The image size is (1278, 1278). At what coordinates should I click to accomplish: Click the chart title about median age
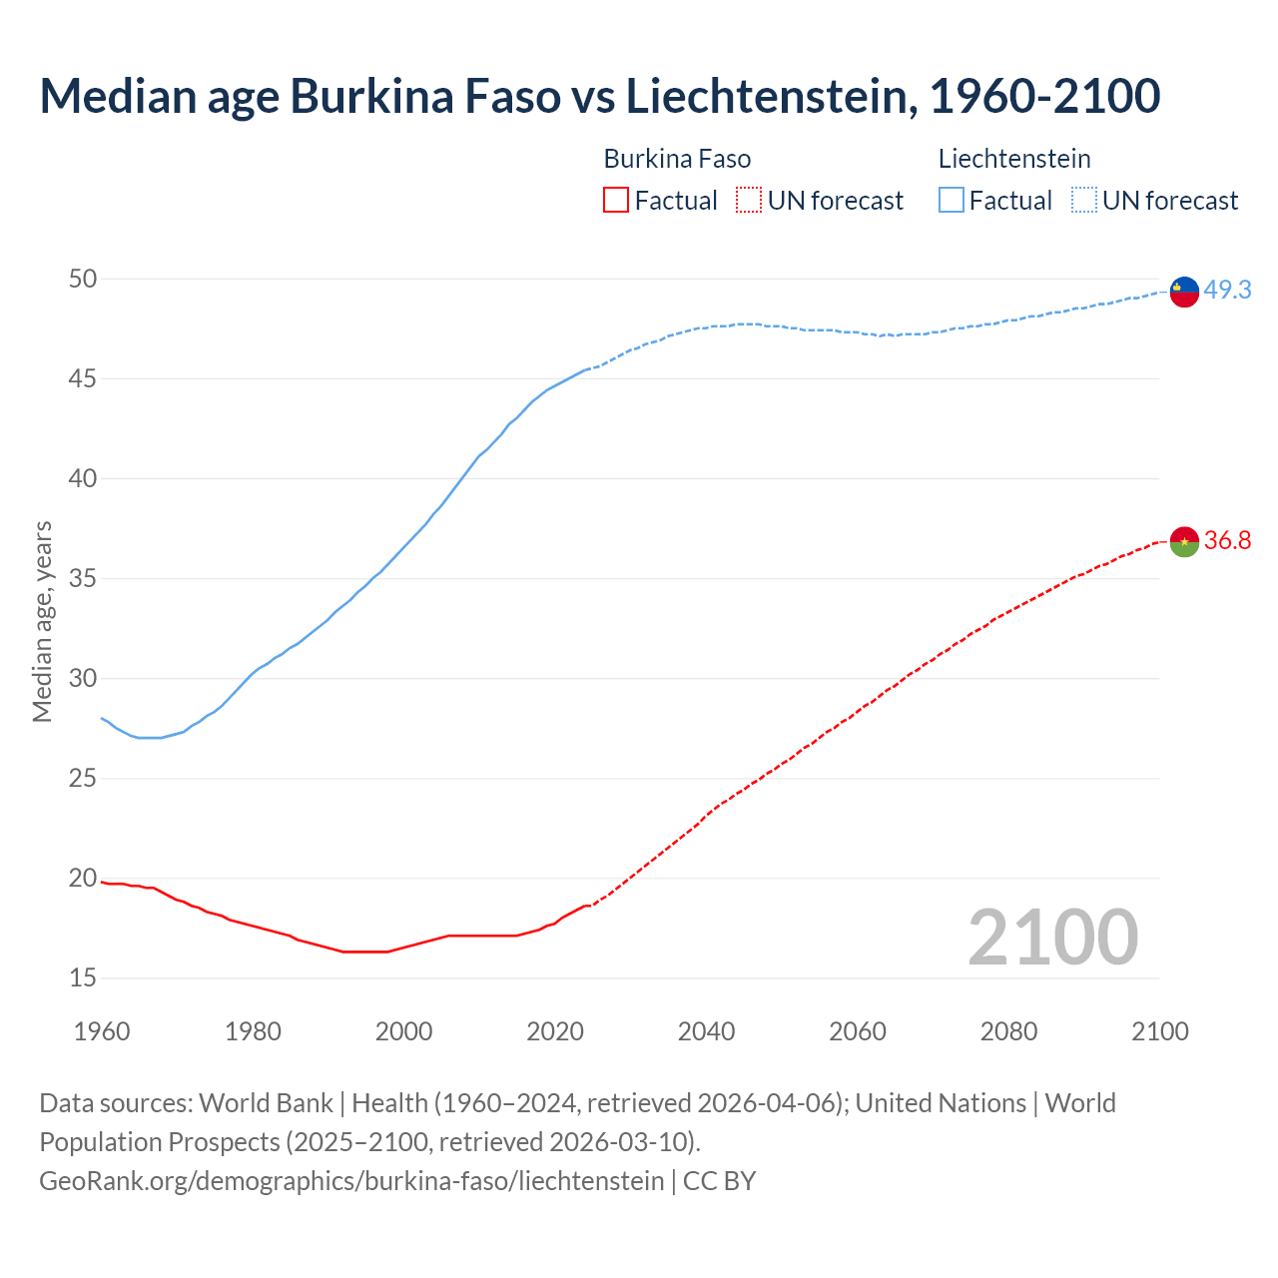coord(599,96)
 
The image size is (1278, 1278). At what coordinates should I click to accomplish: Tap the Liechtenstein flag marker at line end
coord(1184,291)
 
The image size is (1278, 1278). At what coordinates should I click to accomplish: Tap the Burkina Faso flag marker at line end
coord(1184,541)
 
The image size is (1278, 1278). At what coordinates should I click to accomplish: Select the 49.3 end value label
coord(1227,290)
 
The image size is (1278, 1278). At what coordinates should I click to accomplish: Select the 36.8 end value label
coord(1227,540)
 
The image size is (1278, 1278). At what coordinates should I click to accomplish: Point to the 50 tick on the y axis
coord(83,279)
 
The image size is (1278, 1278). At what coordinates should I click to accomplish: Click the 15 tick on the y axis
coord(83,977)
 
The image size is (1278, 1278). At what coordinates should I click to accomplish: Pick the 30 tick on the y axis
coord(83,678)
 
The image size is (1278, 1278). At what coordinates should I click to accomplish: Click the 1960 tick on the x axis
coord(102,1030)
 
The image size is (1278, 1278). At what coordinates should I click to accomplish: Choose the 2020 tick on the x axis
coord(555,1030)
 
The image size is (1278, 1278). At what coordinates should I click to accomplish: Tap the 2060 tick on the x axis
coord(858,1030)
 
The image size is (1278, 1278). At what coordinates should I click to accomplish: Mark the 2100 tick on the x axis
coord(1159,1030)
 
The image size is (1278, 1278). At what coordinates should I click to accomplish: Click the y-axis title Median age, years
coord(42,621)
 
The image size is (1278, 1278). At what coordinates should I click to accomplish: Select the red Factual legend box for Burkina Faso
coord(616,201)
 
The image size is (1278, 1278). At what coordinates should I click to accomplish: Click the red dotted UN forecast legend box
coord(749,201)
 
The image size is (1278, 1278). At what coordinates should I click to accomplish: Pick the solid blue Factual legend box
coord(952,201)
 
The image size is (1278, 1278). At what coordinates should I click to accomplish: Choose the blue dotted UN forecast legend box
coord(1083,201)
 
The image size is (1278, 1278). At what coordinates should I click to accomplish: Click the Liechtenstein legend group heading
coord(1014,159)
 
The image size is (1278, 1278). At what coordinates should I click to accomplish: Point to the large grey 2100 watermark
coord(1052,937)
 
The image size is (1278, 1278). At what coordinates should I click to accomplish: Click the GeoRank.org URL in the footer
coord(351,1180)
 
